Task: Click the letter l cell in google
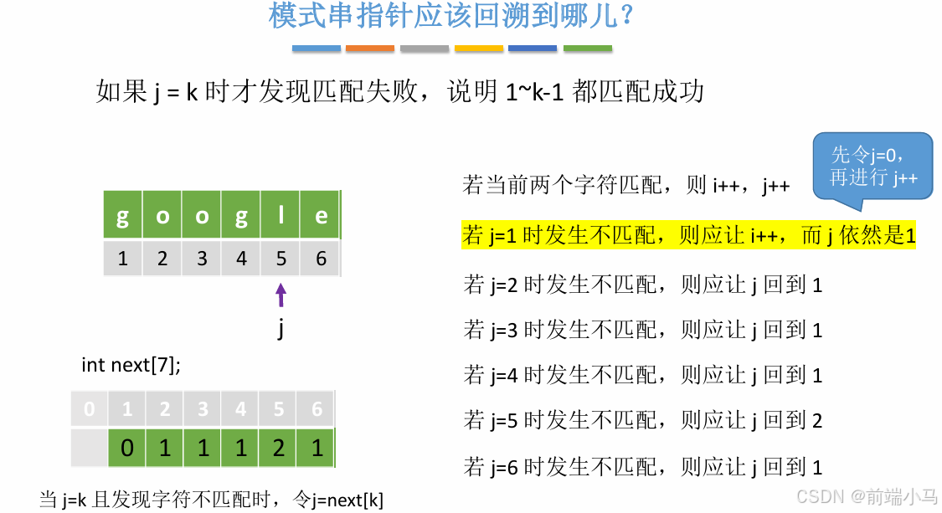tap(281, 217)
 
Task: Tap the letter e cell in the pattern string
tap(321, 217)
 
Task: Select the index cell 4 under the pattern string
tap(241, 259)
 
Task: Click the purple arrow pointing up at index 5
tap(281, 295)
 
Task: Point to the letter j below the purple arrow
tap(281, 329)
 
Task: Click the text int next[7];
tap(131, 365)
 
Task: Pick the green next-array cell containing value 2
tap(278, 449)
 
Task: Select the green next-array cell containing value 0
tap(126, 449)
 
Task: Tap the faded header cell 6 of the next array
tap(317, 410)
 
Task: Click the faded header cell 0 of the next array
tap(90, 410)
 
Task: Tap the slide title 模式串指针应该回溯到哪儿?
tap(451, 17)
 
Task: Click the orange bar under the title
tap(370, 49)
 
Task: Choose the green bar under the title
tap(588, 49)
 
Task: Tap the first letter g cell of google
tap(123, 217)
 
